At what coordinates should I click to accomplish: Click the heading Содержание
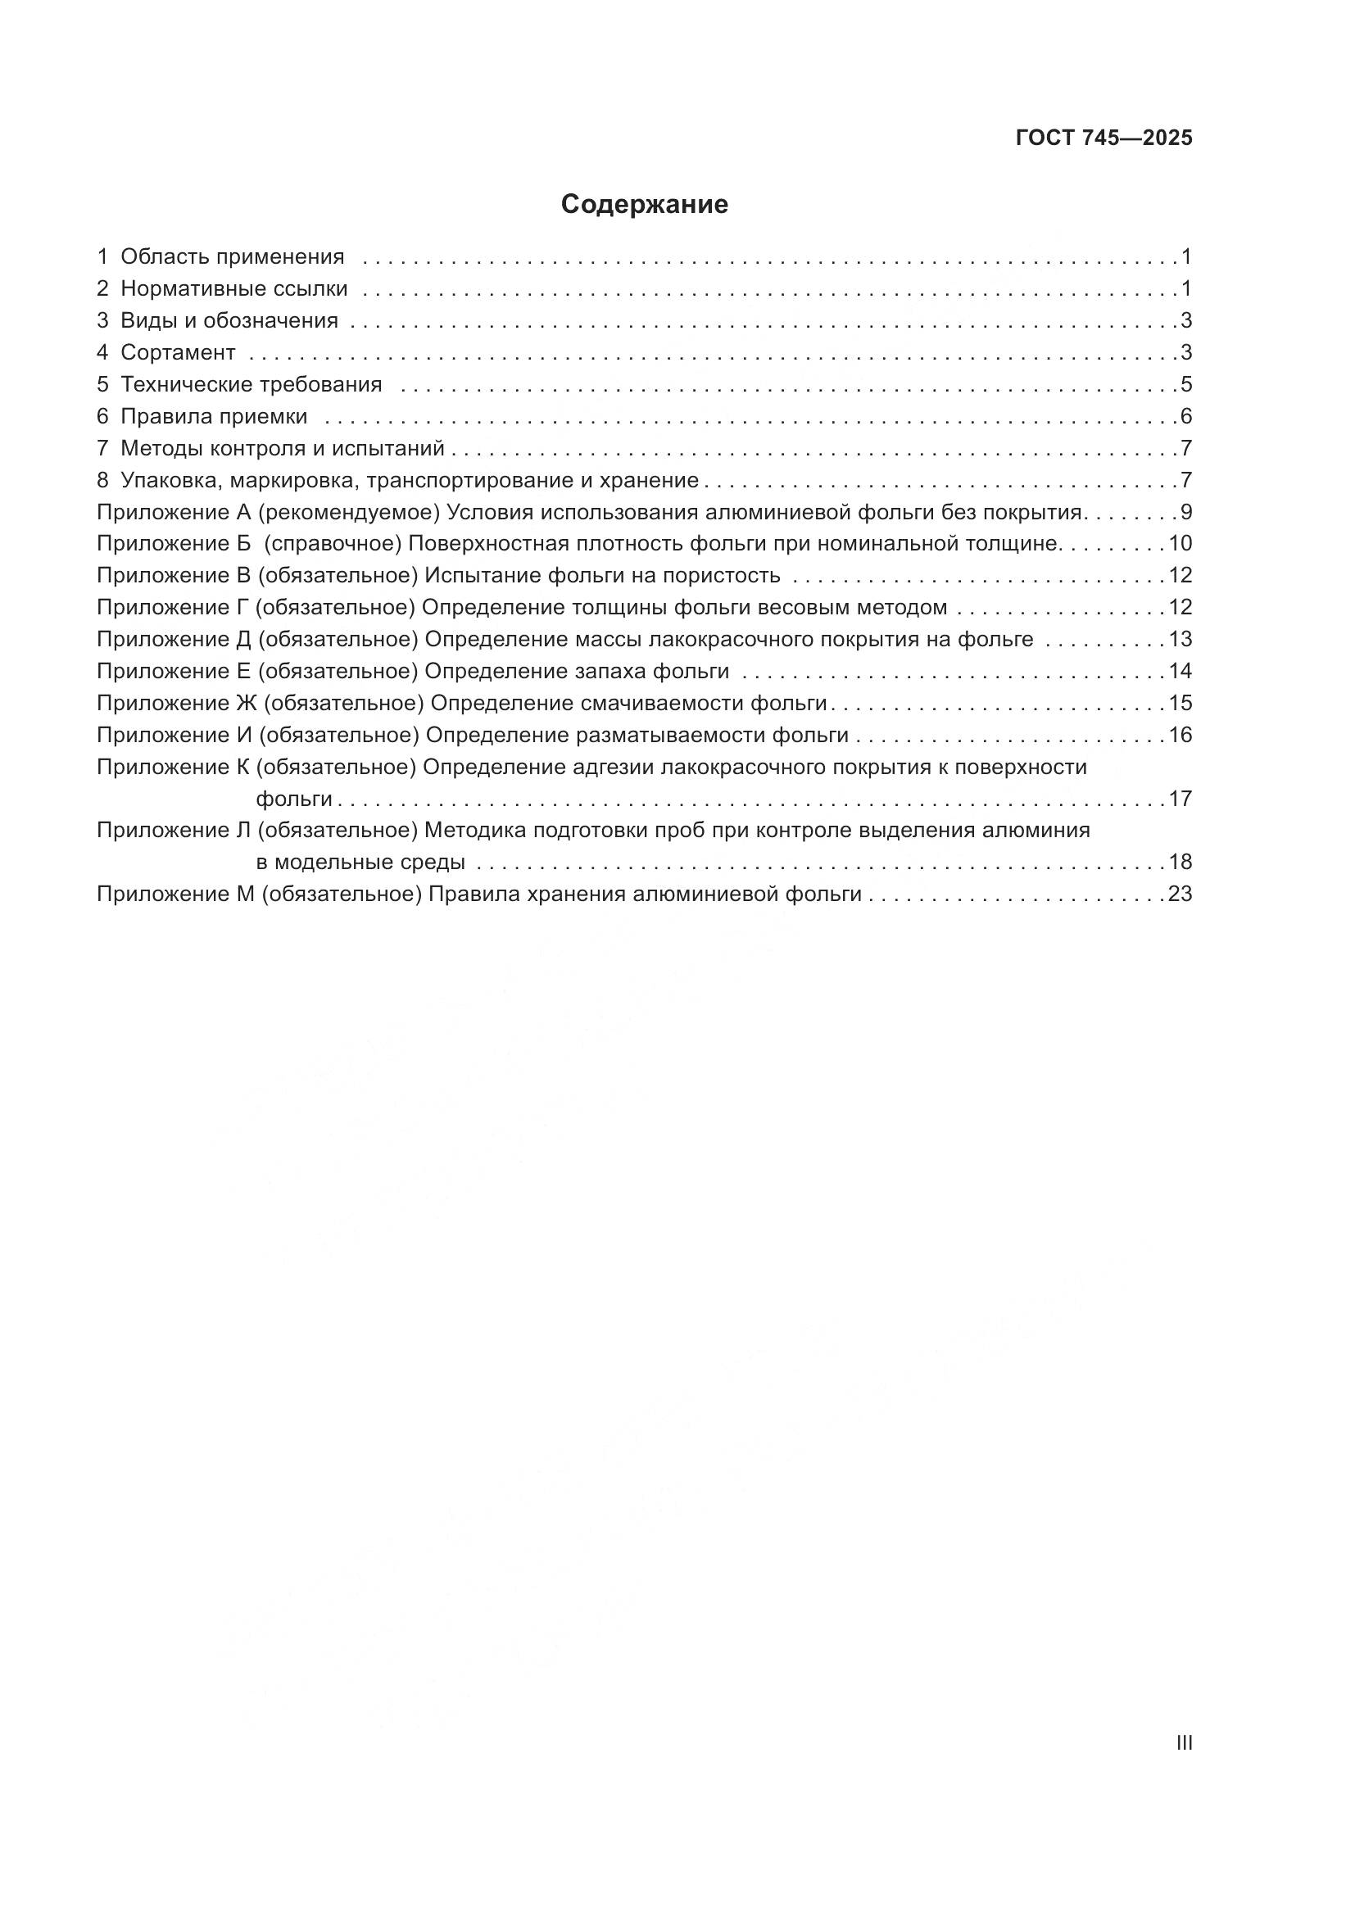click(644, 205)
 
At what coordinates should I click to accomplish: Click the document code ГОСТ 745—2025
click(1103, 138)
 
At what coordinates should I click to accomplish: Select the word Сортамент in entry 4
click(178, 352)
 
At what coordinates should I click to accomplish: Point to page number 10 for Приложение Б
click(1180, 544)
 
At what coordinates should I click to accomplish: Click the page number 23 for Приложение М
click(1180, 895)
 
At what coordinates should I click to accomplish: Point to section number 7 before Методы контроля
click(102, 448)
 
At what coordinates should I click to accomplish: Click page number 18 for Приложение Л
click(1180, 862)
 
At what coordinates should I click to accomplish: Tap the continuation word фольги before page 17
click(294, 799)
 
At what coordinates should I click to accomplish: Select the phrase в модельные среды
click(360, 862)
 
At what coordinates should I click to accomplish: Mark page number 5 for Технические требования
click(1185, 385)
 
